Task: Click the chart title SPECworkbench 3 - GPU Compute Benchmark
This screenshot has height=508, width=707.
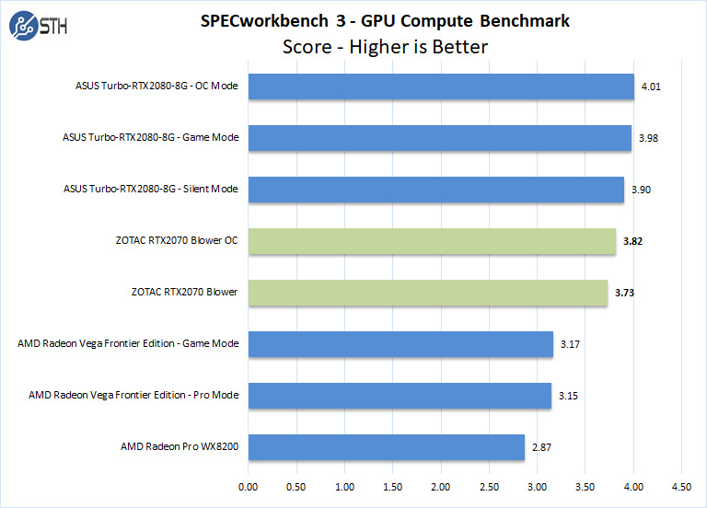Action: pyautogui.click(x=384, y=20)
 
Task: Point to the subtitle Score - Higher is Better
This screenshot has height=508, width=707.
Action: pyautogui.click(x=384, y=45)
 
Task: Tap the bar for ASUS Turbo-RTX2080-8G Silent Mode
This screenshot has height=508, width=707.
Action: pyautogui.click(x=435, y=190)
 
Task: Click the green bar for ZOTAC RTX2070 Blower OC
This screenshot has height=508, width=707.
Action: pyautogui.click(x=432, y=241)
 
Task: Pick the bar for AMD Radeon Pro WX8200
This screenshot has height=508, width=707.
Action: pyautogui.click(x=386, y=447)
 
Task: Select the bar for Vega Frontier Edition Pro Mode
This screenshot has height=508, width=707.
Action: pyautogui.click(x=400, y=396)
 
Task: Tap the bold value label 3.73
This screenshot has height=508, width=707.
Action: pyautogui.click(x=625, y=293)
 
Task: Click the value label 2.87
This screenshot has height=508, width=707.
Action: pyautogui.click(x=541, y=447)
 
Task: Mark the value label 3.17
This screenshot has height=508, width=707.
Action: pyautogui.click(x=570, y=344)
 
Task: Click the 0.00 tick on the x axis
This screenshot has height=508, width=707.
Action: pyautogui.click(x=248, y=486)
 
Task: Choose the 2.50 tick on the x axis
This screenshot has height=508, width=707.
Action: pyautogui.click(x=490, y=486)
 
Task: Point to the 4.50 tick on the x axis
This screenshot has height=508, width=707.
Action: pyautogui.click(x=682, y=486)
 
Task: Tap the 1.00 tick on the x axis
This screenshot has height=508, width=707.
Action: pyautogui.click(x=344, y=486)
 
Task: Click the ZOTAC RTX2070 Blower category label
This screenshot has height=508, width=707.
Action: pyautogui.click(x=184, y=293)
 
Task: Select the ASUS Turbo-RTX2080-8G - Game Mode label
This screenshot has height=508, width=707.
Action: pyautogui.click(x=150, y=138)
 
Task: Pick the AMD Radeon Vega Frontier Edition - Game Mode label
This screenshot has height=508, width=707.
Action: pyautogui.click(x=128, y=344)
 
